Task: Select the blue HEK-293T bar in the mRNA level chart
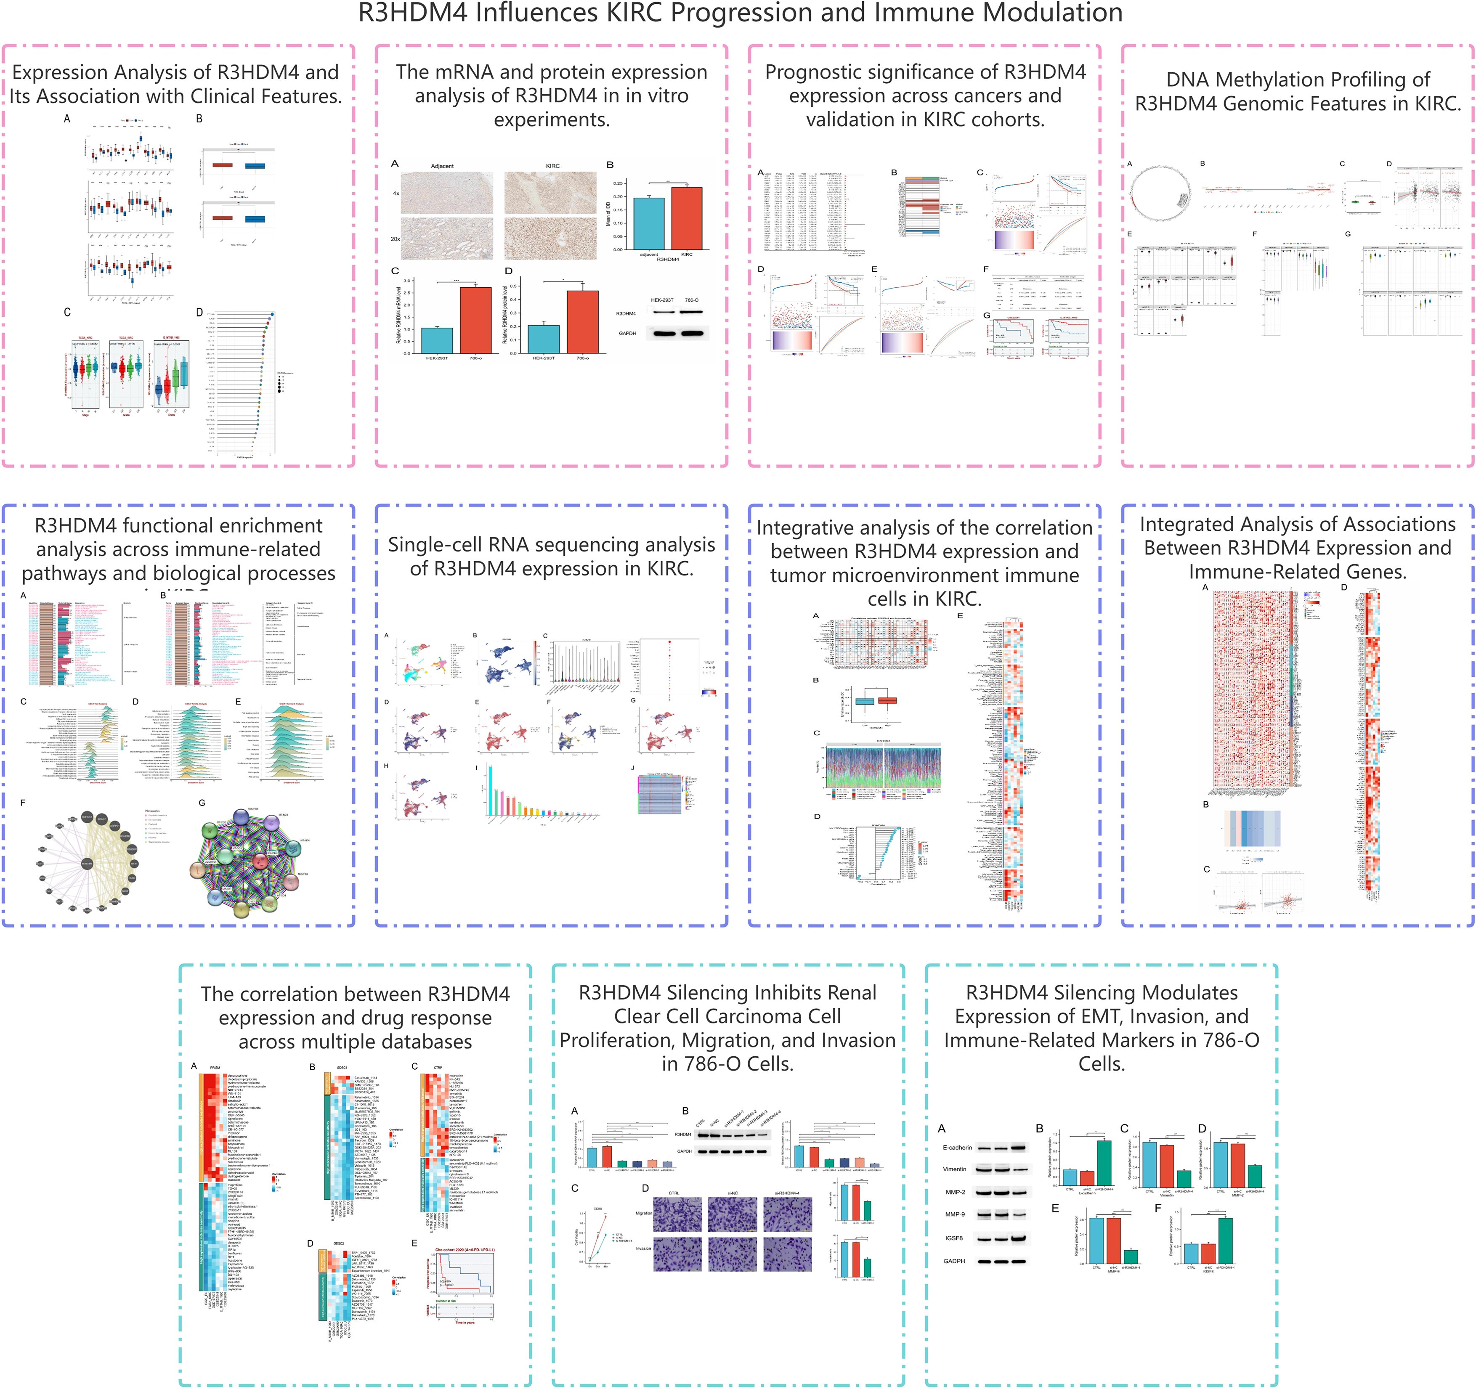(x=437, y=340)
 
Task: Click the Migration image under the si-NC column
(x=732, y=1213)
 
